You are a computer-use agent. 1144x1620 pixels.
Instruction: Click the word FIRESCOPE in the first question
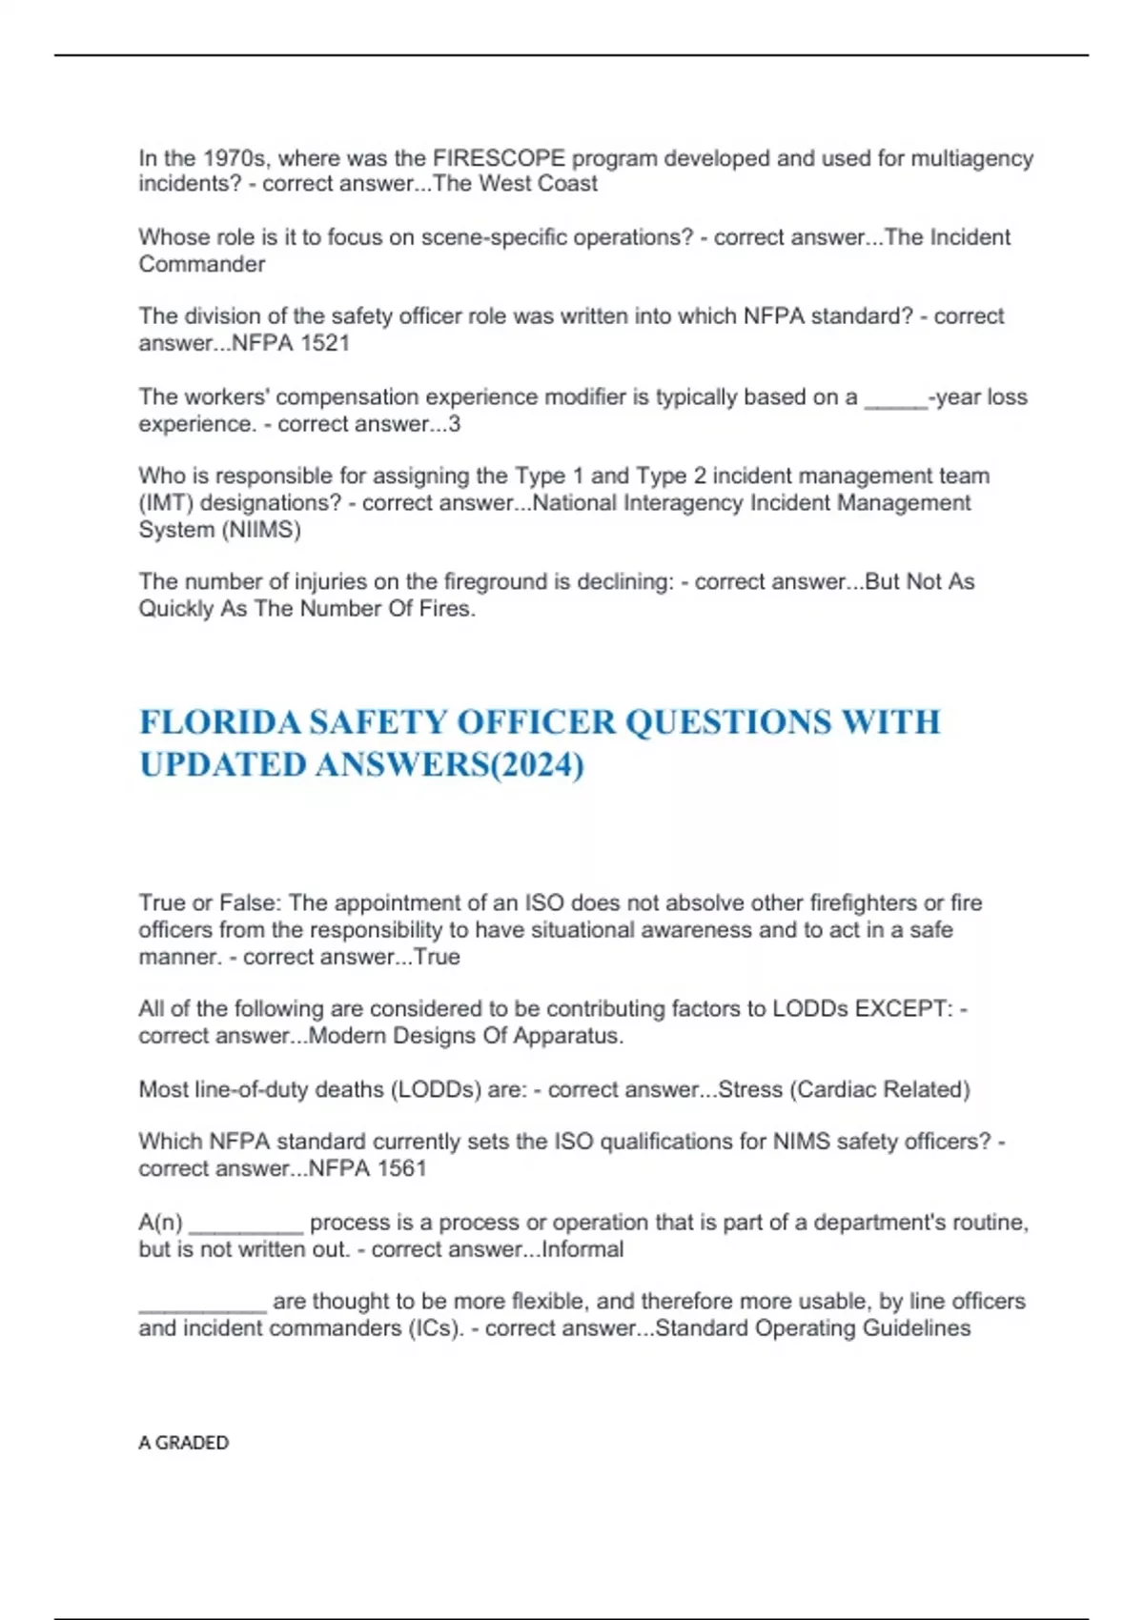pos(499,158)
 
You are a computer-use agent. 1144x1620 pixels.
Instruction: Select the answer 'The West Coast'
pos(516,184)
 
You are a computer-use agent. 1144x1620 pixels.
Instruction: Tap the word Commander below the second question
pos(201,264)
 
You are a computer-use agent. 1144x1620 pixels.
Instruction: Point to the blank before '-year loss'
pos(895,398)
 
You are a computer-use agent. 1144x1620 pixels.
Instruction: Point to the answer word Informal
pos(582,1249)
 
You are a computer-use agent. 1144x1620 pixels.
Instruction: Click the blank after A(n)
pos(245,1225)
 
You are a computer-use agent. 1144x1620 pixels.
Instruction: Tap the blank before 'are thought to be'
pos(202,1304)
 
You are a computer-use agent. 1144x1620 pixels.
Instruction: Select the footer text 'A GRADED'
pos(183,1443)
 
